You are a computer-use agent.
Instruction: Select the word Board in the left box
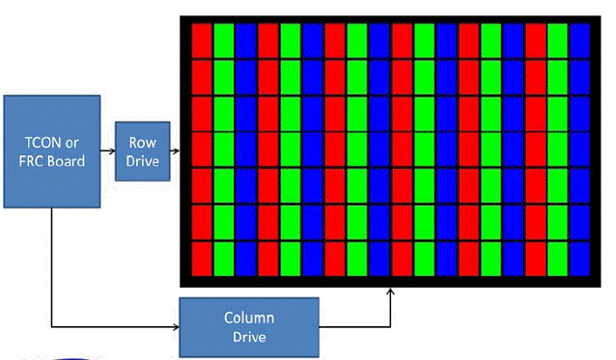pyautogui.click(x=69, y=160)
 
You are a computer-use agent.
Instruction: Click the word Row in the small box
pyautogui.click(x=143, y=142)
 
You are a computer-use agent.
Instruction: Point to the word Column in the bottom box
pyautogui.click(x=249, y=318)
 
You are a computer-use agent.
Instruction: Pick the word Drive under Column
pyautogui.click(x=249, y=337)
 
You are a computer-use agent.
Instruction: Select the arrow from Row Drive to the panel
pyautogui.click(x=177, y=151)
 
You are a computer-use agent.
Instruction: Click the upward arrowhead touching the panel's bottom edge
pyautogui.click(x=391, y=290)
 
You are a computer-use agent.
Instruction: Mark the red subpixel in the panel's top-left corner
pyautogui.click(x=202, y=40)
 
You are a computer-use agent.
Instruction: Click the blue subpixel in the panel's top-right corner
pyautogui.click(x=578, y=40)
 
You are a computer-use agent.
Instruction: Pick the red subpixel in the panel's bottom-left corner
pyautogui.click(x=202, y=258)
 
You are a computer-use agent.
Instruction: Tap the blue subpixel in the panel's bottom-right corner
pyautogui.click(x=578, y=258)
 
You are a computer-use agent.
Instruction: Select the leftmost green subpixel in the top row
pyautogui.click(x=224, y=40)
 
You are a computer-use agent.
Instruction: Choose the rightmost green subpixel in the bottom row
pyautogui.click(x=557, y=258)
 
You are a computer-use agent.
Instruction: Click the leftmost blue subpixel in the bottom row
pyautogui.click(x=246, y=258)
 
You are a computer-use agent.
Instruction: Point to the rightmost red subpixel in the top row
pyautogui.click(x=535, y=40)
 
